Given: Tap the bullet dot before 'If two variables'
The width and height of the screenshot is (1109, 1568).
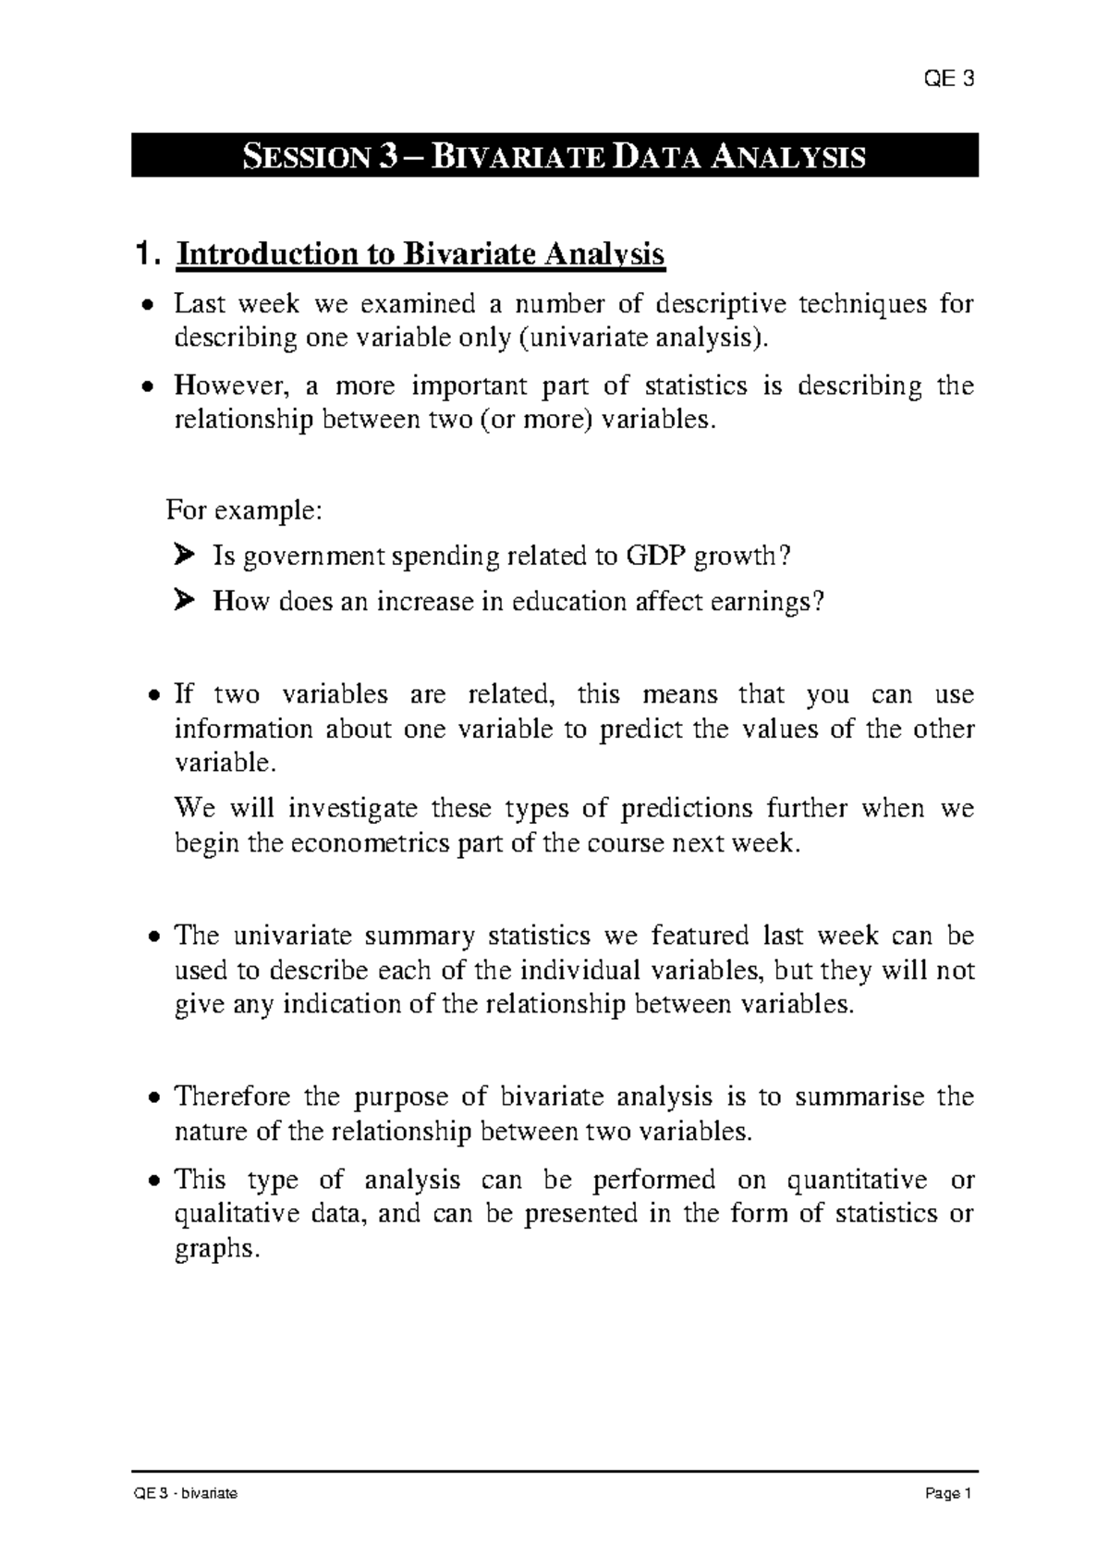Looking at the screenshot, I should (x=155, y=695).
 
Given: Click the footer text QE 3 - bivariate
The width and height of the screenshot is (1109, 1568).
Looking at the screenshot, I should (x=186, y=1494).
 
